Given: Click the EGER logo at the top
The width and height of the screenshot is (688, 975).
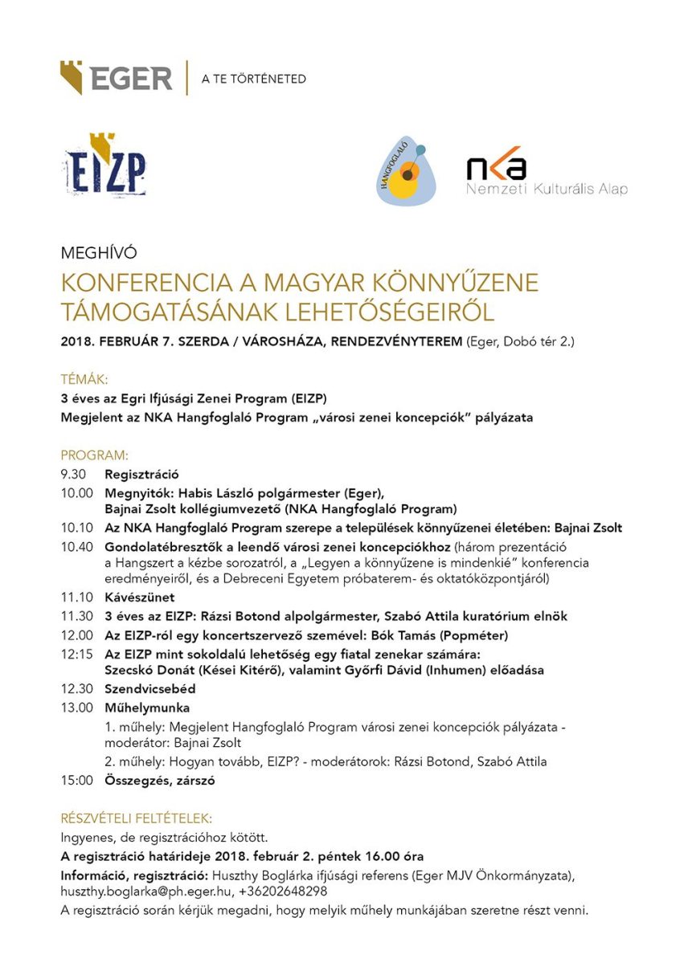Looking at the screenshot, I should pos(117,78).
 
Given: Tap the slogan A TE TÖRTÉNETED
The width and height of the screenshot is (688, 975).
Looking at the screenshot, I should pos(253,79).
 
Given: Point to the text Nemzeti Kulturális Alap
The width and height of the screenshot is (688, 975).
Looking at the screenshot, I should pos(547,189).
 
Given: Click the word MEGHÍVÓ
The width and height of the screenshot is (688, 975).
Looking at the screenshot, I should pos(99,253).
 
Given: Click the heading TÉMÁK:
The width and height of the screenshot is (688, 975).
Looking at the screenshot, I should pos(84,379).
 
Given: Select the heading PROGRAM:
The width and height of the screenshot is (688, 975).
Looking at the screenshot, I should pos(94,455).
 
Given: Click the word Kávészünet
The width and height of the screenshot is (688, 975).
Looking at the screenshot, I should pos(139,598).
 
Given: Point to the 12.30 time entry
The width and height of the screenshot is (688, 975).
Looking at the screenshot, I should pos(76,689).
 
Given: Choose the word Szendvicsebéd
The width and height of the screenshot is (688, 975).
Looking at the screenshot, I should pos(150,689).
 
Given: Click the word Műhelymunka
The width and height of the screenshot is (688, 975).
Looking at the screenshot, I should pos(147,708).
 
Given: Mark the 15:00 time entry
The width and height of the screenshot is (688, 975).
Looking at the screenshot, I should pos(76,780).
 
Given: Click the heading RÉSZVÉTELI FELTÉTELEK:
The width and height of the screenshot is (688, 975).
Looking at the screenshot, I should pos(137,818).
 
